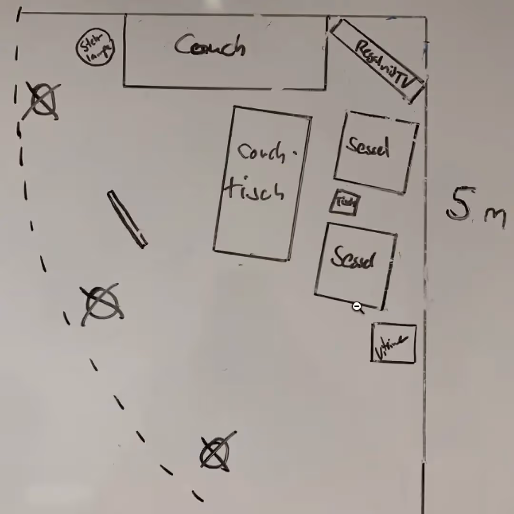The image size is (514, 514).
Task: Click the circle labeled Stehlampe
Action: pos(96,47)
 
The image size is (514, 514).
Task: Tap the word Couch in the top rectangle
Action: pos(209,47)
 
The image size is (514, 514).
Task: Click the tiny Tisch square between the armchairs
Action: pos(345,203)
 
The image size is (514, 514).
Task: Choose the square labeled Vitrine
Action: pos(393,343)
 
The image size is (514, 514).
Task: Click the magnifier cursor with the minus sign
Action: pos(357,307)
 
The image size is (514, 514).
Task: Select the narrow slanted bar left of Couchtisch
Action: pos(127,219)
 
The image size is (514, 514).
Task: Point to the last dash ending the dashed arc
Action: pos(198,495)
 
